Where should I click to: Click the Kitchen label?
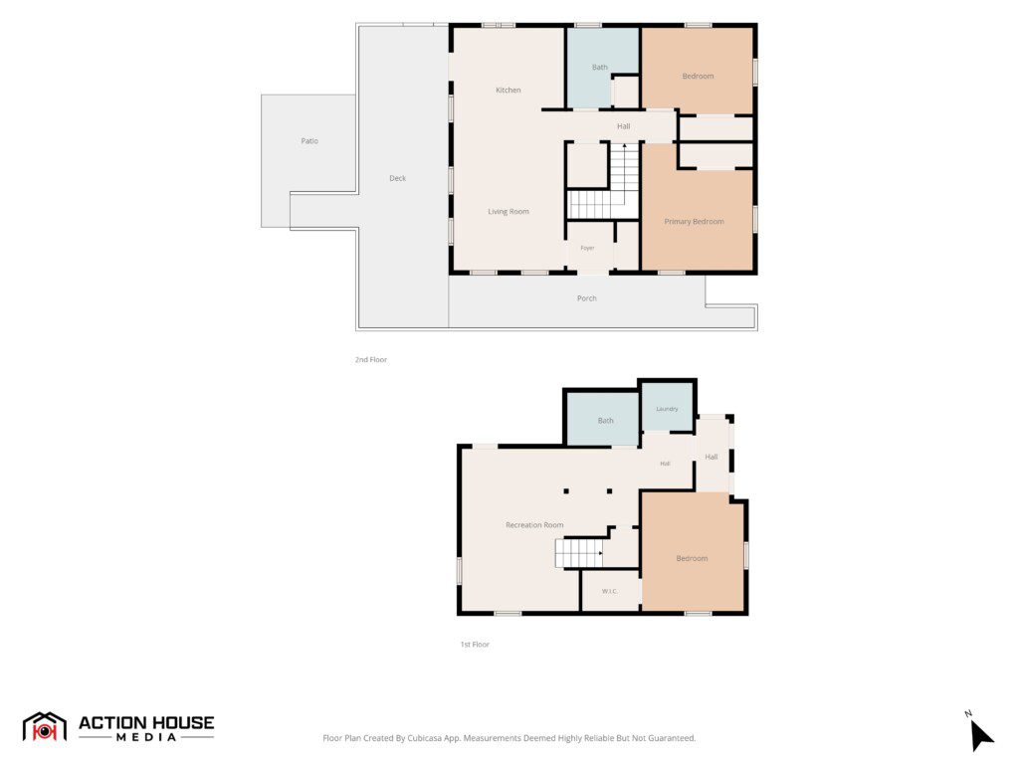(x=508, y=91)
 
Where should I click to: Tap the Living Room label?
(x=509, y=212)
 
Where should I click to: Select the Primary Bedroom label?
(x=694, y=222)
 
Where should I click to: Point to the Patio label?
(x=309, y=141)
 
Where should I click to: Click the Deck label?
(x=397, y=178)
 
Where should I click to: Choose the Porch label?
(x=586, y=298)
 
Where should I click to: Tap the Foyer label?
(x=587, y=248)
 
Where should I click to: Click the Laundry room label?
(x=667, y=409)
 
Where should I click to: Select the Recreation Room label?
(x=534, y=525)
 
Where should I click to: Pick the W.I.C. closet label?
(x=609, y=591)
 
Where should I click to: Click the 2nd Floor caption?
(x=370, y=359)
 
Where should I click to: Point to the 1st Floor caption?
(x=475, y=645)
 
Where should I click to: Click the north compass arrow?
(x=980, y=735)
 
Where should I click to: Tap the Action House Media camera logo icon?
(x=44, y=727)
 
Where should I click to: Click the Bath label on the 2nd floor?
(x=599, y=67)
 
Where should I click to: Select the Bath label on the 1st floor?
(x=605, y=421)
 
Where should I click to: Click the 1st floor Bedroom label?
(x=692, y=559)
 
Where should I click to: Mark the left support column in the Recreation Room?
(x=566, y=491)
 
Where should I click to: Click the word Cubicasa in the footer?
(x=423, y=738)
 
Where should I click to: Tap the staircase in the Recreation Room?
(x=578, y=553)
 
